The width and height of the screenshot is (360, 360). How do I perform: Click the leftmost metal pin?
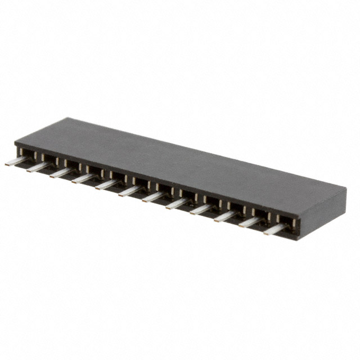tap(14, 162)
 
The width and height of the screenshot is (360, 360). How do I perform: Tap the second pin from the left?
tap(37, 167)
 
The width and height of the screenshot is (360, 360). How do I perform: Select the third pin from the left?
tap(60, 173)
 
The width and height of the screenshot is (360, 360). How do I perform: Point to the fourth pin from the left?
tap(83, 178)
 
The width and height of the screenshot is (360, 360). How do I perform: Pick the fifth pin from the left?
tap(106, 184)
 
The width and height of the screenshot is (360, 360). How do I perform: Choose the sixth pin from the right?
tap(152, 197)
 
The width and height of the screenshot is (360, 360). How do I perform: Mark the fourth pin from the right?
tap(200, 209)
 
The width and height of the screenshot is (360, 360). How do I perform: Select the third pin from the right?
tap(225, 215)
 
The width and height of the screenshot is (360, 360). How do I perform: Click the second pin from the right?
tap(249, 222)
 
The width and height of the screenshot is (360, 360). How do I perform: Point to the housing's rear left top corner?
tap(67, 118)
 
